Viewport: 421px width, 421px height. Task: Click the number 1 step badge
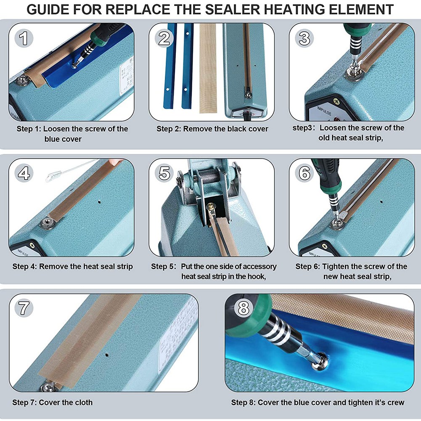coord(24,38)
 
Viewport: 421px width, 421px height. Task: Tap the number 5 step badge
coord(164,173)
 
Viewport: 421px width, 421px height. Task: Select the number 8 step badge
coord(244,308)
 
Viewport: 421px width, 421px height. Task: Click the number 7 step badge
coord(24,308)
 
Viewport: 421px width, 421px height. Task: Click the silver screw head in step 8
coord(318,363)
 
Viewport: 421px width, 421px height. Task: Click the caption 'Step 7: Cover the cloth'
coord(53,402)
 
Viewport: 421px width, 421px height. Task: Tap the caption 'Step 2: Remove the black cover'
coord(212,129)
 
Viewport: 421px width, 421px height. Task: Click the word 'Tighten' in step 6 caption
coord(336,266)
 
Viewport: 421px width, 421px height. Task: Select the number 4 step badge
coord(24,173)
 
